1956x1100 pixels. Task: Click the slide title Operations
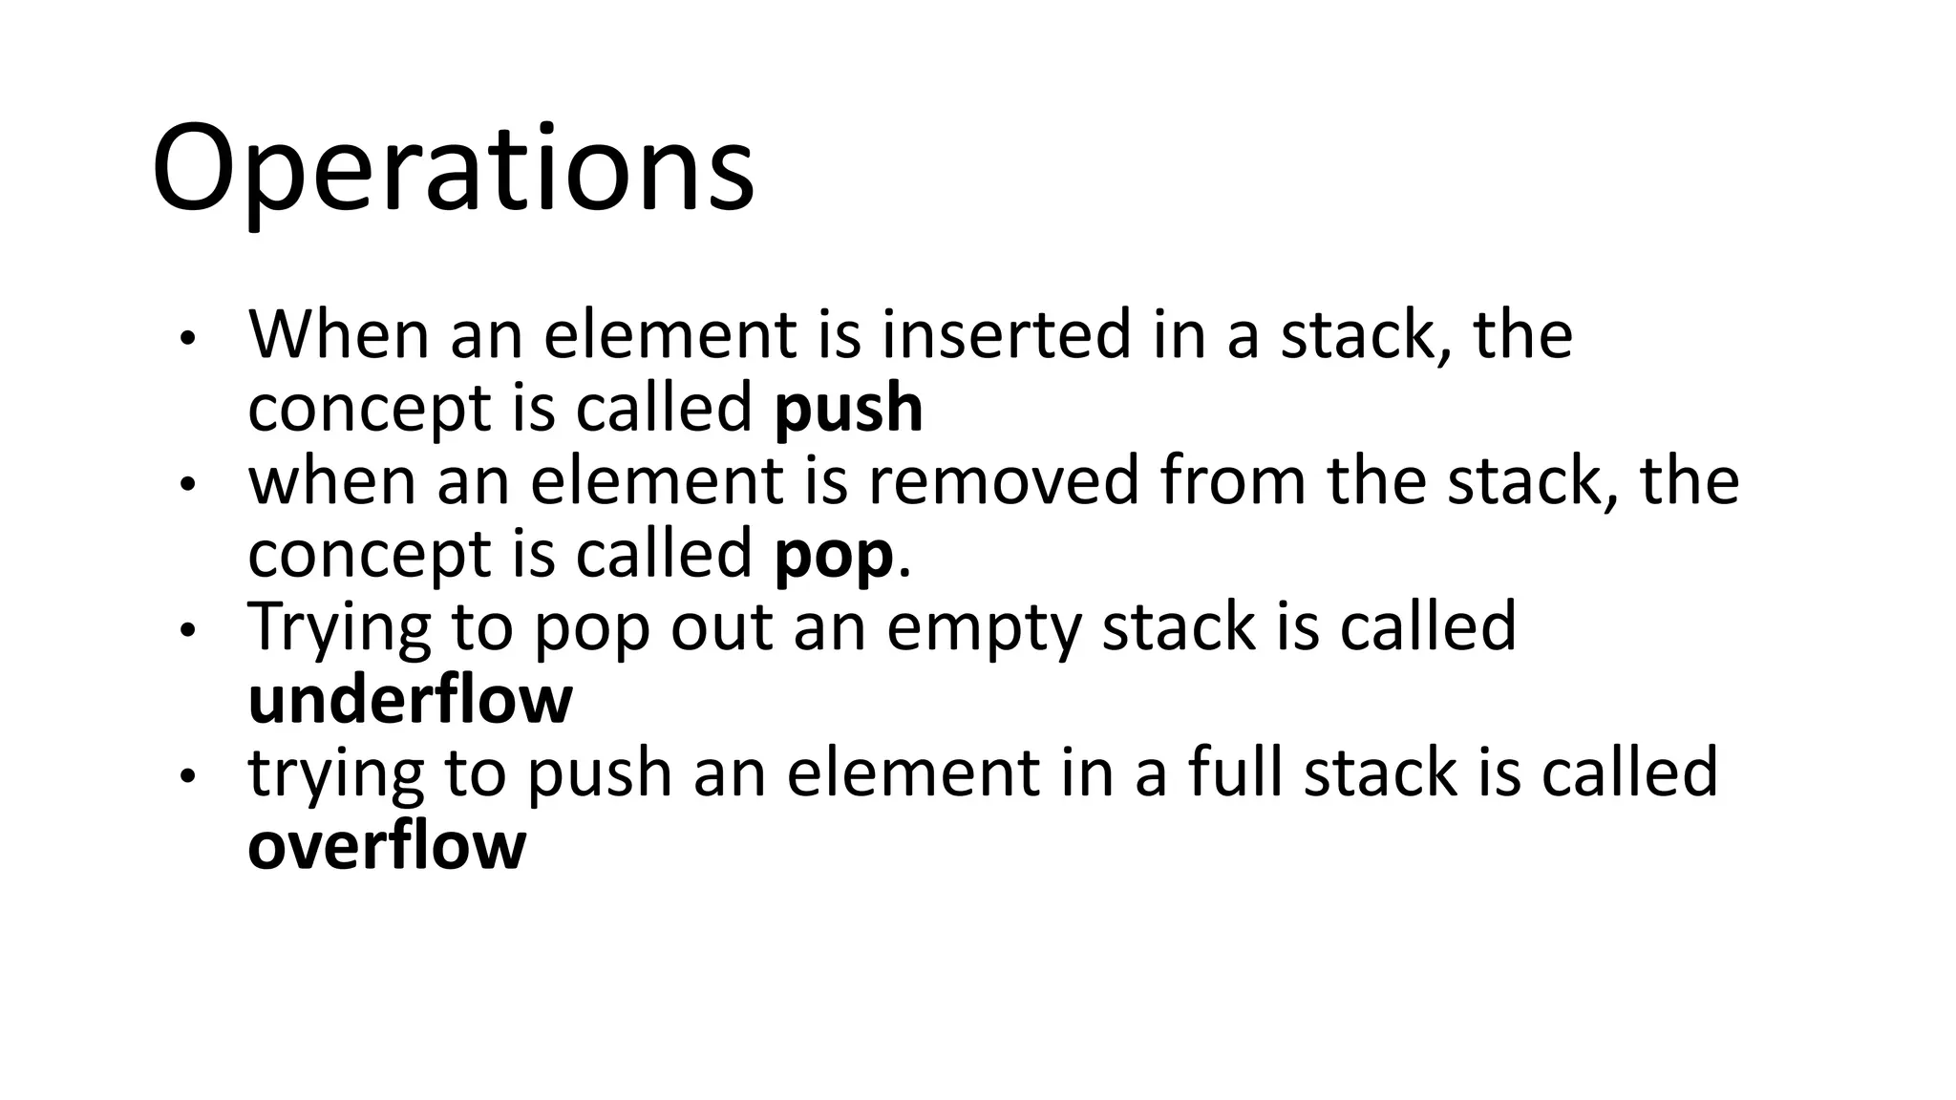453,170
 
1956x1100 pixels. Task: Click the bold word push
848,409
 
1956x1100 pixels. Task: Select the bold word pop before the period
834,557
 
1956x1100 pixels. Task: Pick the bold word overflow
387,846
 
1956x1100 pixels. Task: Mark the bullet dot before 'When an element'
188,339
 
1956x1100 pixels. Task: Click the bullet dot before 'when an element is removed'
188,485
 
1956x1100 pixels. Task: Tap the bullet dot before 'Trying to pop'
188,631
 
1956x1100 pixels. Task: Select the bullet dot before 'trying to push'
188,777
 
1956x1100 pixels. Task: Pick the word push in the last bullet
599,773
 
